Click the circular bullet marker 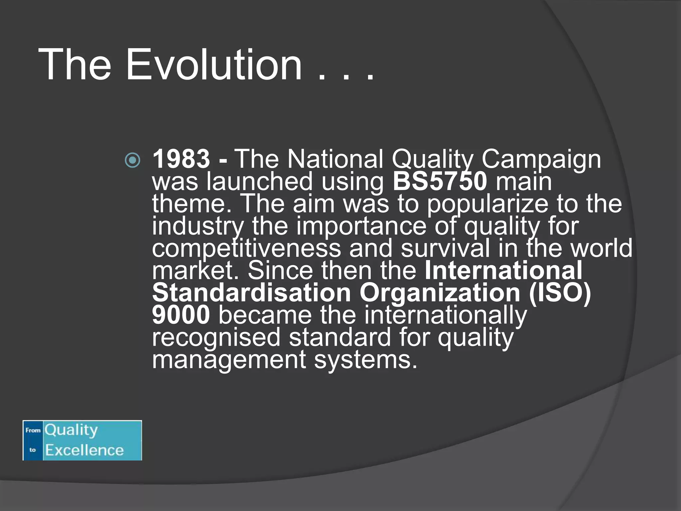pyautogui.click(x=132, y=160)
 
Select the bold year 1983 pyautogui.click(x=181, y=159)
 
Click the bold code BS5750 pyautogui.click(x=440, y=181)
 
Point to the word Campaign pyautogui.click(x=541, y=159)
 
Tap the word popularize pyautogui.click(x=487, y=204)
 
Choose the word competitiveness pyautogui.click(x=246, y=249)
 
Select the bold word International pyautogui.click(x=503, y=270)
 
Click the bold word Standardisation pyautogui.click(x=251, y=293)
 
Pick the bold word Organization pyautogui.click(x=440, y=293)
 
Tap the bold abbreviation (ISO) pyautogui.click(x=560, y=293)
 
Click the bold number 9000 pyautogui.click(x=181, y=315)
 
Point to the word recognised pyautogui.click(x=216, y=337)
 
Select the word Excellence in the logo pyautogui.click(x=84, y=450)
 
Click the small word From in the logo pyautogui.click(x=33, y=430)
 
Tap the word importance pyautogui.click(x=361, y=226)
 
